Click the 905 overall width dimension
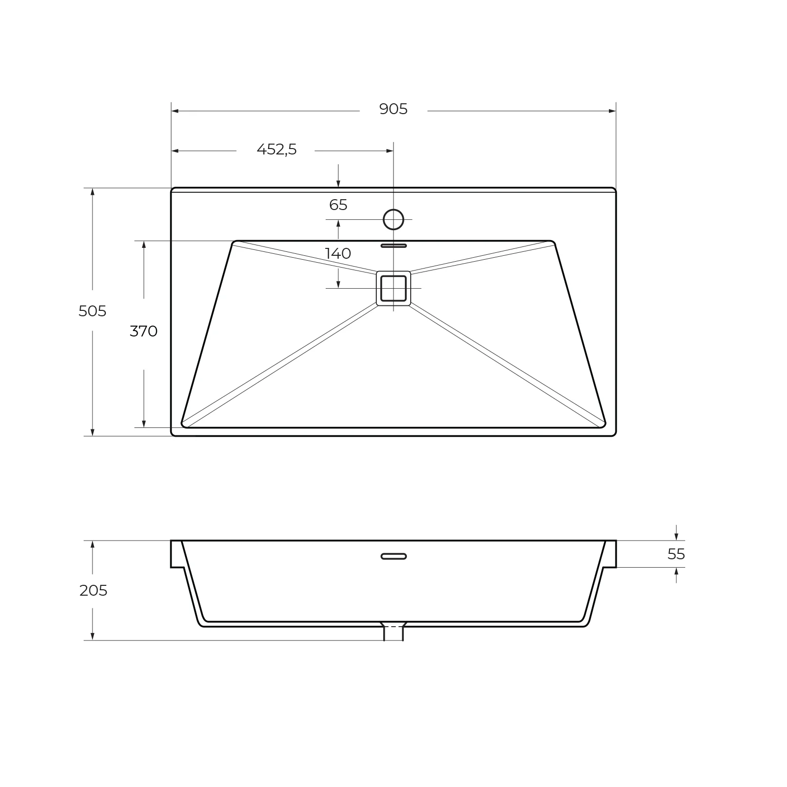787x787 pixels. pyautogui.click(x=393, y=109)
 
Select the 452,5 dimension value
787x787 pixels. pyautogui.click(x=277, y=150)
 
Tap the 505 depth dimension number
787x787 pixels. pyautogui.click(x=92, y=311)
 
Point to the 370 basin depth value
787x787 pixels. pyautogui.click(x=144, y=332)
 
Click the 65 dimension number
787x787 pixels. pyautogui.click(x=338, y=205)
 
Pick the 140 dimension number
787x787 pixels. pyautogui.click(x=338, y=254)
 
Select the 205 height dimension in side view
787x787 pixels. pyautogui.click(x=93, y=590)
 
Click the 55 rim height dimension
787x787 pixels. pyautogui.click(x=676, y=554)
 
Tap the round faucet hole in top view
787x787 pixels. pyautogui.click(x=393, y=219)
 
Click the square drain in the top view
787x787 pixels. pyautogui.click(x=393, y=288)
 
